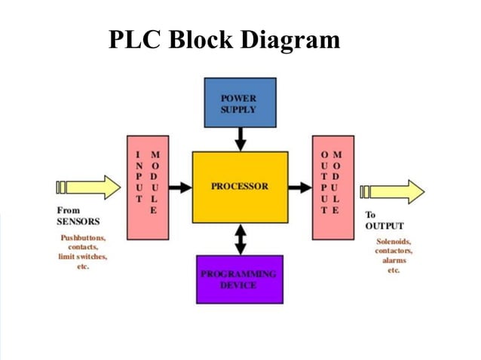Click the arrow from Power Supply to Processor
240,139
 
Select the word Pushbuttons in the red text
82,238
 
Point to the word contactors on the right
394,251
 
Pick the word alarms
394,261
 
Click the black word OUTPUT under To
384,226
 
